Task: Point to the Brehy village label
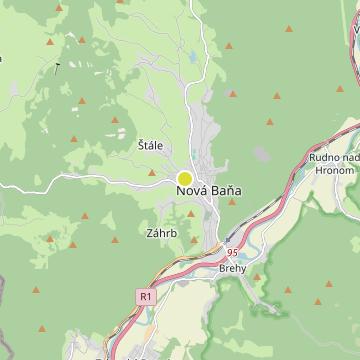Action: pyautogui.click(x=232, y=269)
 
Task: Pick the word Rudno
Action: pyautogui.click(x=322, y=156)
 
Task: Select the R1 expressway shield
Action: pyautogui.click(x=147, y=296)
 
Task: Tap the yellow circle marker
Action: pyautogui.click(x=184, y=178)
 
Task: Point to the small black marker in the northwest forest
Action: pyautogui.click(x=57, y=66)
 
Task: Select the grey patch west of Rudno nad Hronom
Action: pyautogui.click(x=263, y=156)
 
